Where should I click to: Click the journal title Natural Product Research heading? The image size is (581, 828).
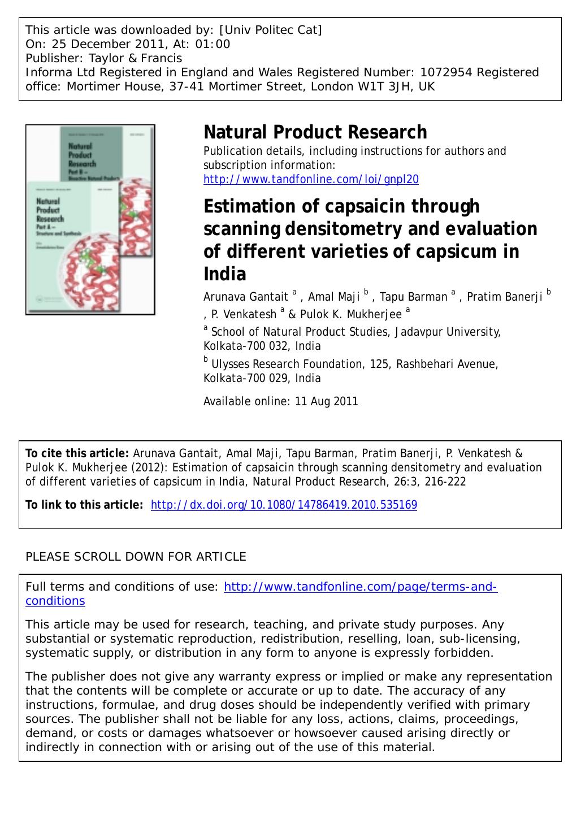point(315,132)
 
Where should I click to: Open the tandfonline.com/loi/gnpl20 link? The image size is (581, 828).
point(311,180)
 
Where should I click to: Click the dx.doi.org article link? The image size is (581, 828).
point(284,505)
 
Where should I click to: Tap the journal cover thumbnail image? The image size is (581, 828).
point(90,219)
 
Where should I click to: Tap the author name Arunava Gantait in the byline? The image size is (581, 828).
point(246,297)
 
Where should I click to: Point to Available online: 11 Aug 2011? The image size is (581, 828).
point(280,402)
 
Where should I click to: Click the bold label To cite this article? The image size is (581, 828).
point(77,453)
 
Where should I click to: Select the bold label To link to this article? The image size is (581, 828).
point(84,505)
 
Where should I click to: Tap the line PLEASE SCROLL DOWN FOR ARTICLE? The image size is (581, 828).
point(136,557)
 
